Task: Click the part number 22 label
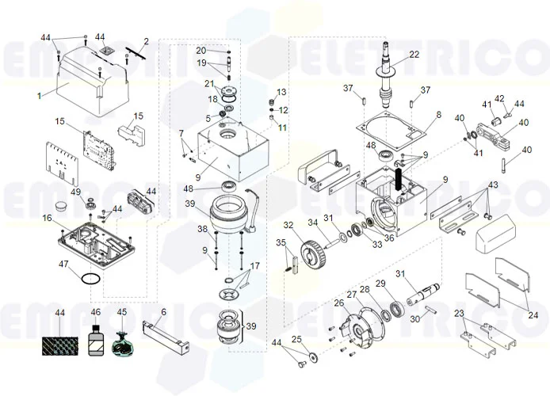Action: [x=414, y=55]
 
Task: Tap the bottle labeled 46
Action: [x=97, y=343]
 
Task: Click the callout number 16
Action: [x=48, y=218]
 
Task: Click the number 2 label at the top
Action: [x=146, y=41]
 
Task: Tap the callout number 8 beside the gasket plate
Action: [x=438, y=116]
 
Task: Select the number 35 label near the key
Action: [x=280, y=242]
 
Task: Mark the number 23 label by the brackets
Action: [x=458, y=314]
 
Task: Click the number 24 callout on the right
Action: [x=533, y=315]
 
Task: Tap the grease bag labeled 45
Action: [x=122, y=345]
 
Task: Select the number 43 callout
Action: [x=493, y=185]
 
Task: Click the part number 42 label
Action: [x=499, y=99]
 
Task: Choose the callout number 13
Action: [x=281, y=93]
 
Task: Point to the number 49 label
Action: [x=76, y=192]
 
